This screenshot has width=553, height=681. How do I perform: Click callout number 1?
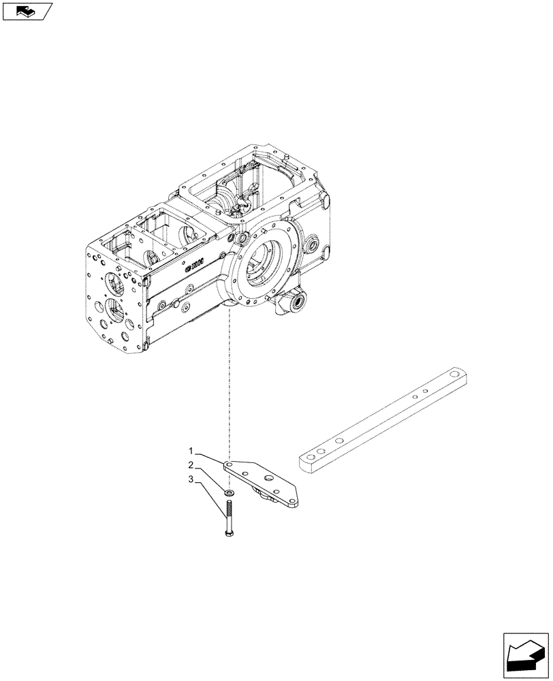coord(193,451)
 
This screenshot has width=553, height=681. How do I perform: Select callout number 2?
coord(193,466)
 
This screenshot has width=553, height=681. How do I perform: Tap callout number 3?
coord(193,481)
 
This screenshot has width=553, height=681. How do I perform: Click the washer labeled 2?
coord(230,491)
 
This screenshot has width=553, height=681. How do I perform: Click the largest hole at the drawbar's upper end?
coord(451,374)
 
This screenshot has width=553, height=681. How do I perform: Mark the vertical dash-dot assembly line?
coord(231,381)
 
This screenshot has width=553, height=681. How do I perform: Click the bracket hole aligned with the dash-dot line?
coord(231,466)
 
